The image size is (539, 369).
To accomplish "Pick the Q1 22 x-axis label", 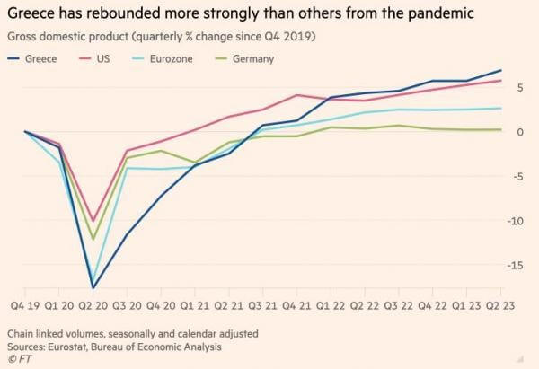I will point(330,307).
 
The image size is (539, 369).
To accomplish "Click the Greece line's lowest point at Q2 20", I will point(93,288).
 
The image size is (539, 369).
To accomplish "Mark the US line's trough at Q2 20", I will point(93,221).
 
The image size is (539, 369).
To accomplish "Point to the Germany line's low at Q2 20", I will point(93,239).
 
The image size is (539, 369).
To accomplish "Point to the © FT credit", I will point(17,359).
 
